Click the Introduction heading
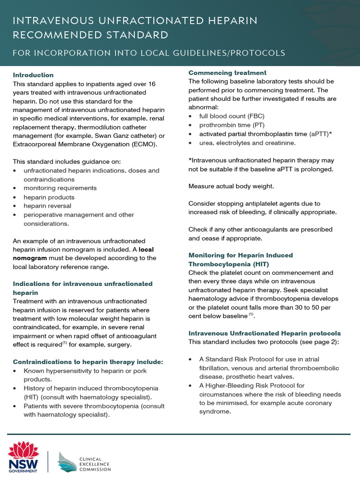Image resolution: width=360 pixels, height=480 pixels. pos(33,75)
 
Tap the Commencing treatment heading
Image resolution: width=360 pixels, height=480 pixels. pos(227,73)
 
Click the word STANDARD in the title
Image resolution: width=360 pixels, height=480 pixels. pos(135,35)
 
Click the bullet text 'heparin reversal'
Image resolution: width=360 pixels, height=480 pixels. pos(47,206)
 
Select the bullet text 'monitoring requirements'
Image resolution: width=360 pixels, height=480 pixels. pos(60,188)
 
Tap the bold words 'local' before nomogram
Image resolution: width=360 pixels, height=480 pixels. pos(147,249)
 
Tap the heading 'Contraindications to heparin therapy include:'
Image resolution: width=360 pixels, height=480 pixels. pos(88,362)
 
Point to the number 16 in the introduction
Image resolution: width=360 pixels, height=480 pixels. pos(152,83)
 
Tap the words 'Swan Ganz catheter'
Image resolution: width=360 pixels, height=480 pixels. pos(99,136)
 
